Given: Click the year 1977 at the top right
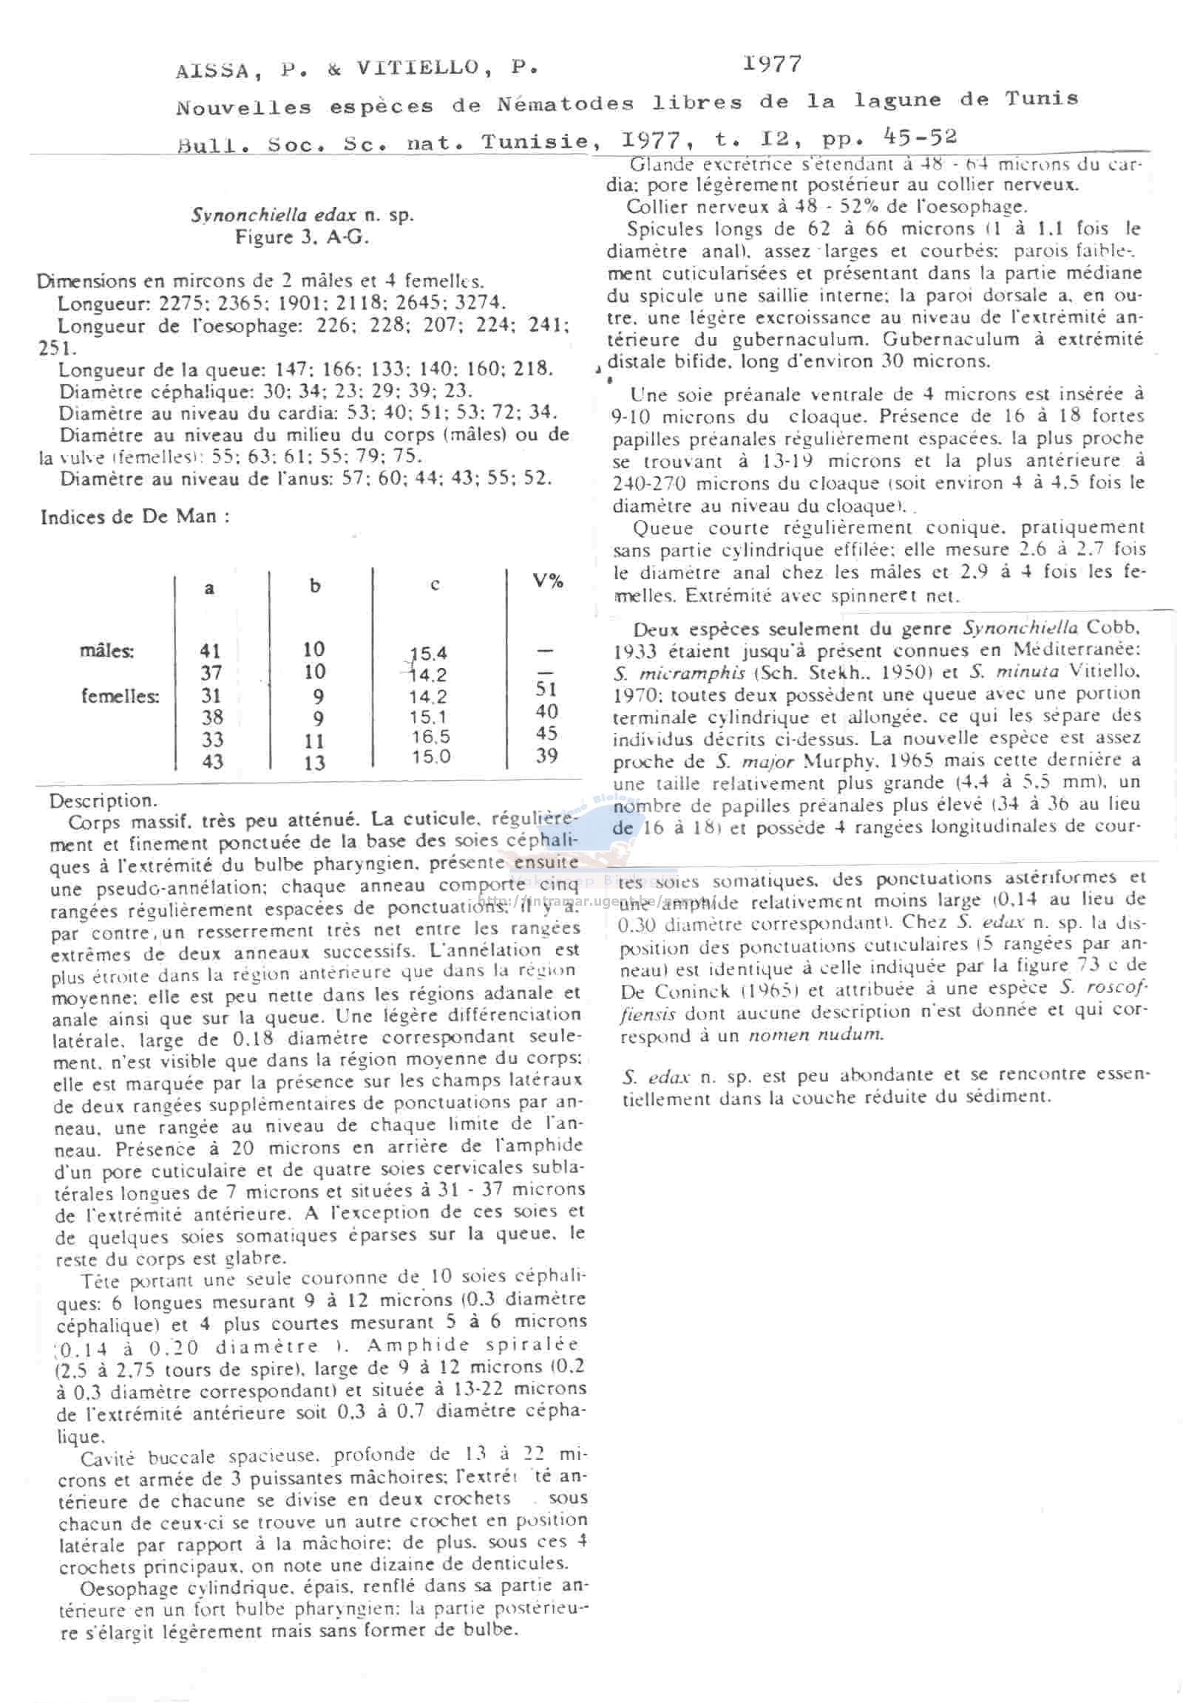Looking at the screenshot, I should (x=773, y=64).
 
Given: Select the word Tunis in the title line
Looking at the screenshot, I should (x=1041, y=99).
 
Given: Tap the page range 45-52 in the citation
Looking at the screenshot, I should (x=921, y=137).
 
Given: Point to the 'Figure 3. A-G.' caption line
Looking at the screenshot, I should (x=302, y=237).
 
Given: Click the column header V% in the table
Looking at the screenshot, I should (x=547, y=581).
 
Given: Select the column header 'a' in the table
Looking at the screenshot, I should (x=209, y=588).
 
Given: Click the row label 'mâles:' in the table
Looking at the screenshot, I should (x=107, y=650).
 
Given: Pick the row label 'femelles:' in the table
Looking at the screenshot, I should (x=120, y=696).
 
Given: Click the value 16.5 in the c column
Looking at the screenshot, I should (x=430, y=737).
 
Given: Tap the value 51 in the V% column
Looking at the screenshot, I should (x=546, y=689).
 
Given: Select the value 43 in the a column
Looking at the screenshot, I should (x=212, y=761).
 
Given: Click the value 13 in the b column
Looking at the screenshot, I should (x=314, y=762).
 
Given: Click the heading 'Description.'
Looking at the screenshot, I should (x=104, y=801).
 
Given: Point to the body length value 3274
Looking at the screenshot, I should (x=478, y=303).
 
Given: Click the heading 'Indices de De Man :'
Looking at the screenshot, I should (x=135, y=516).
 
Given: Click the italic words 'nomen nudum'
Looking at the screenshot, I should (x=815, y=1034).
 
